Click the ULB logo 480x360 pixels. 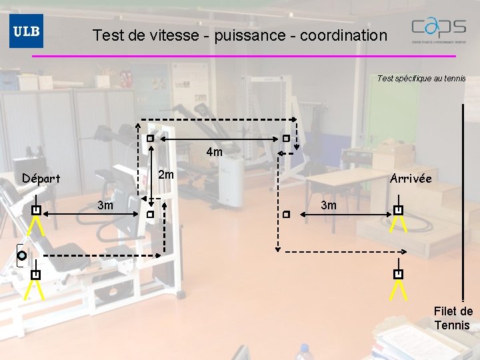coord(26,31)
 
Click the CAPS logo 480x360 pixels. coord(439,30)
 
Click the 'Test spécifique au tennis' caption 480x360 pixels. coord(421,79)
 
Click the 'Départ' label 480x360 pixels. coord(41,179)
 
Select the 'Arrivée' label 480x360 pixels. coord(411,179)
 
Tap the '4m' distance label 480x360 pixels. coord(215,152)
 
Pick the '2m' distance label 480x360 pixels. coord(166,175)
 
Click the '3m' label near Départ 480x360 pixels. coord(105,205)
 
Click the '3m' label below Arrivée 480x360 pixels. coord(329,205)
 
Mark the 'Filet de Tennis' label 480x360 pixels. coord(453,318)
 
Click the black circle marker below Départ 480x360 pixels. coord(22,255)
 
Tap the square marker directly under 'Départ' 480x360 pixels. coord(37,211)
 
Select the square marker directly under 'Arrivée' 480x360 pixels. coord(398,211)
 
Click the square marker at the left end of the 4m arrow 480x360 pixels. coord(151,139)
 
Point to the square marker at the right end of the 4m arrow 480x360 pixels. coord(285,139)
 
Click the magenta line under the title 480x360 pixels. coord(244,56)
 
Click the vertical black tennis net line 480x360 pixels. coord(461,200)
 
